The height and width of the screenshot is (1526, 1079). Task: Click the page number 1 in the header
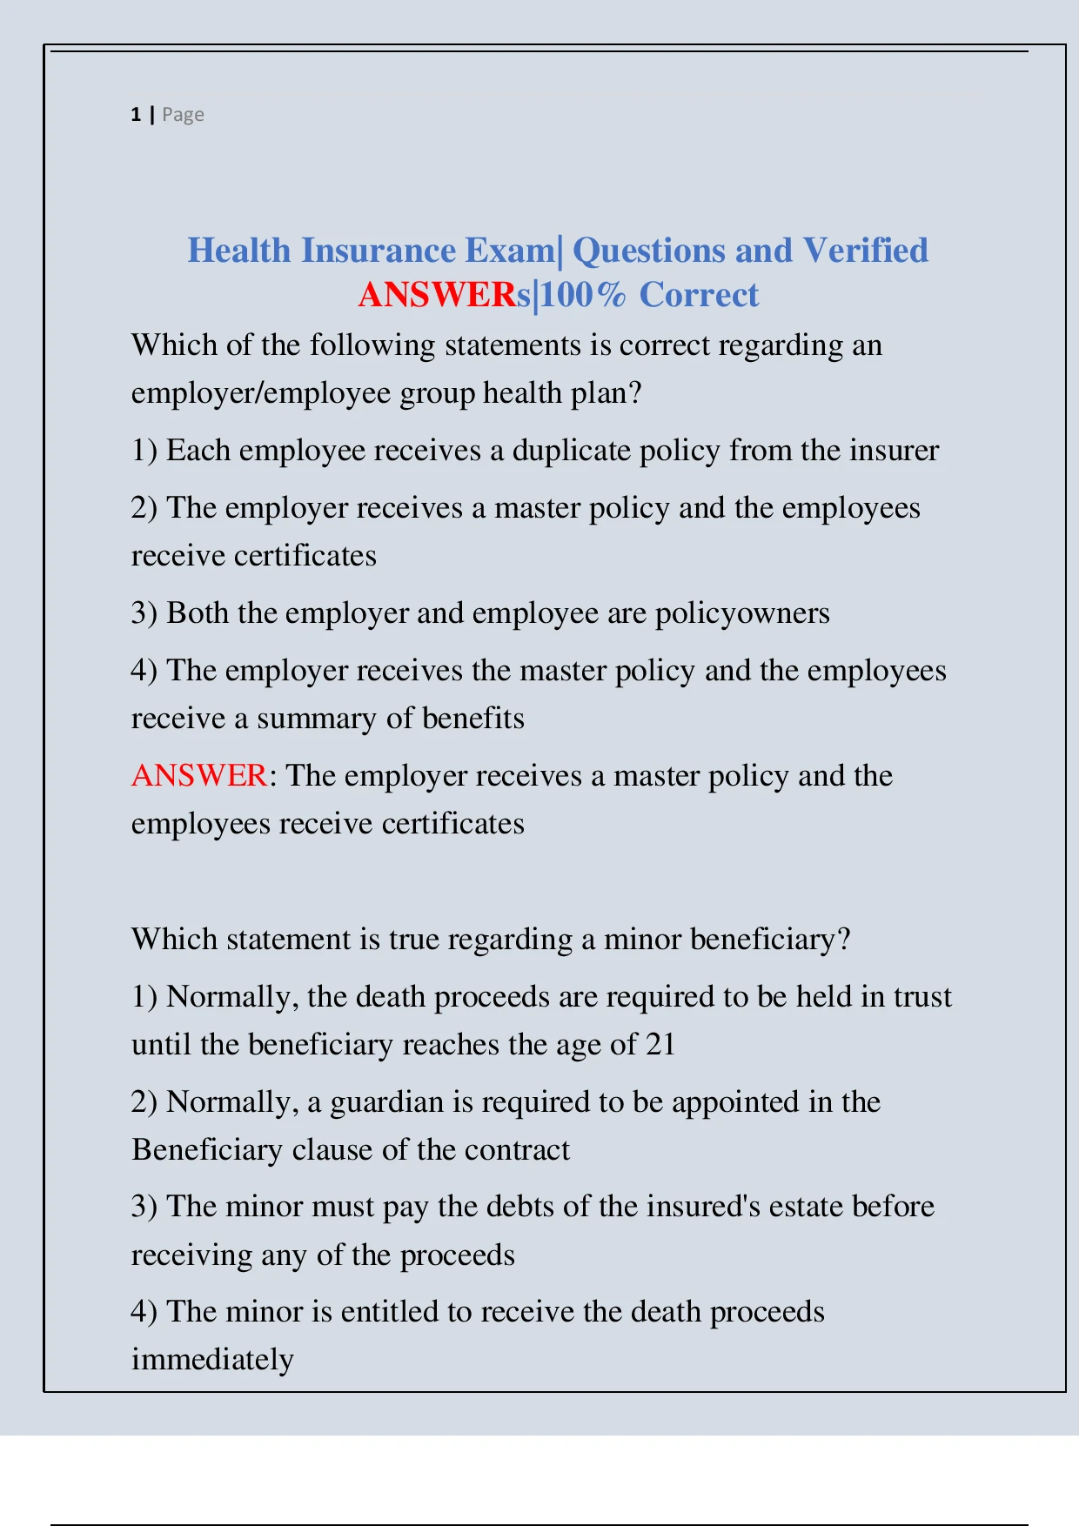click(136, 115)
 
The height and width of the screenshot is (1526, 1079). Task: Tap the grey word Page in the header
click(183, 115)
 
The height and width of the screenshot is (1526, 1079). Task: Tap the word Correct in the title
click(699, 295)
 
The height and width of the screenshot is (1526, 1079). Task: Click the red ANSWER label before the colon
click(198, 775)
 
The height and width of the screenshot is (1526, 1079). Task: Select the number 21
click(660, 1045)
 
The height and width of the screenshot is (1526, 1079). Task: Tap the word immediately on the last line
click(212, 1360)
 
